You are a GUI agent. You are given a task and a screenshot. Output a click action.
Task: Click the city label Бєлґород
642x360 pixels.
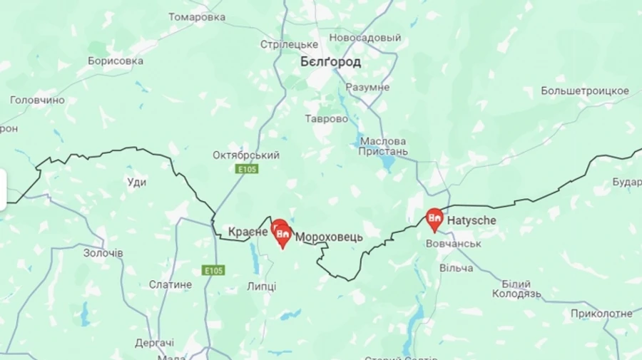[330, 62]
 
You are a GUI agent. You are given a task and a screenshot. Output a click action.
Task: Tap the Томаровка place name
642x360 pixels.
[198, 17]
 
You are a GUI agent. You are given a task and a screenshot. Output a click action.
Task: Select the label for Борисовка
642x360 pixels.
[116, 61]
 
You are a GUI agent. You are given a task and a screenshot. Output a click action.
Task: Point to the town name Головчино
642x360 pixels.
[37, 101]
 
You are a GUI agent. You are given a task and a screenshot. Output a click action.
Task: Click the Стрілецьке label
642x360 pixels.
[289, 44]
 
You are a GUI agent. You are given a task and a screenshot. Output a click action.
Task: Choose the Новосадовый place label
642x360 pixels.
[365, 37]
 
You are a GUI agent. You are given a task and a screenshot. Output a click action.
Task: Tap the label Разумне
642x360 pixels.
[367, 87]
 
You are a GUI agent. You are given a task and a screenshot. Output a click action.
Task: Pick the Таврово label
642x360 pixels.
[327, 119]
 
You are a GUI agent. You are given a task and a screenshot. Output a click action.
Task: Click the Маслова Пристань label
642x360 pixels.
[384, 146]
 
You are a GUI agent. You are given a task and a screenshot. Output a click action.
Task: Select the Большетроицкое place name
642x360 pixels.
[585, 91]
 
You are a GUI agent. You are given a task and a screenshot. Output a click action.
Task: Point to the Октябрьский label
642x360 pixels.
[246, 155]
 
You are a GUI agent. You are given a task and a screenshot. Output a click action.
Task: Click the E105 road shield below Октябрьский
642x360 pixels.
[247, 169]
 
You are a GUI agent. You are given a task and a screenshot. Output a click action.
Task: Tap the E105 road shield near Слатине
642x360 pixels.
[213, 270]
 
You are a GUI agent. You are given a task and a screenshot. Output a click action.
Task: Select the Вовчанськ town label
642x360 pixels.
[453, 244]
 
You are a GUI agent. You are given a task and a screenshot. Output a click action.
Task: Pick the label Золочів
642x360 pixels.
[103, 253]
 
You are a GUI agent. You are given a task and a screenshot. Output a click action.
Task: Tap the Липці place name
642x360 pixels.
[261, 287]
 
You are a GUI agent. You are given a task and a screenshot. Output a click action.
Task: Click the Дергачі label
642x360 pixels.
[154, 343]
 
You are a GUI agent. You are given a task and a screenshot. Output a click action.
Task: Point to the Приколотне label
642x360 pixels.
[601, 314]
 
